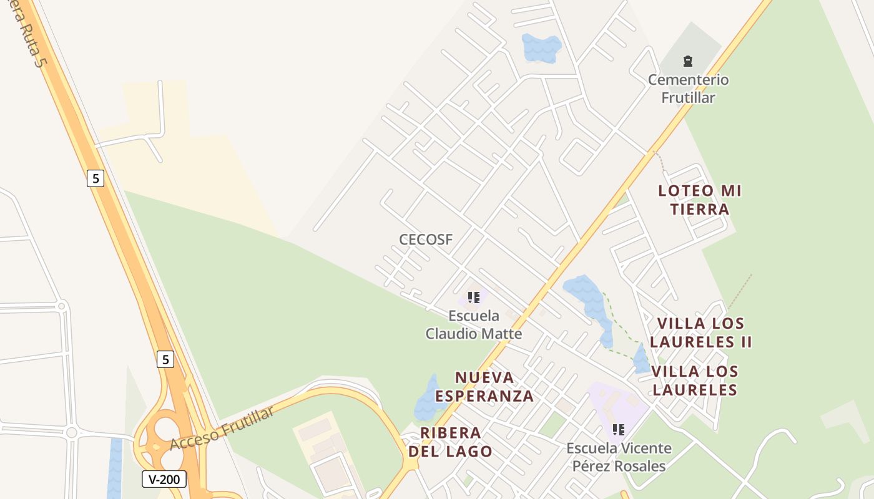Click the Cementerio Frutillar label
(x=688, y=89)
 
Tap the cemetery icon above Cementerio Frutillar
(x=687, y=61)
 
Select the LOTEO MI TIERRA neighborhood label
(x=700, y=200)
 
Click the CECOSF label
(x=426, y=240)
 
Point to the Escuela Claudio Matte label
(x=473, y=324)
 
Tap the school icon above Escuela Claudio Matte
(x=474, y=298)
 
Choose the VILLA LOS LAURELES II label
(x=700, y=332)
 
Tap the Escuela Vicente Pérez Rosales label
(x=619, y=457)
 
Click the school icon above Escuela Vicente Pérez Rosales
(x=619, y=429)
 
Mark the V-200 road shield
(x=164, y=479)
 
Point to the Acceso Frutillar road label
(x=222, y=429)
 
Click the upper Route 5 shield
(x=95, y=178)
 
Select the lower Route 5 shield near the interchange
(x=165, y=359)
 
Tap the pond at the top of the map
(x=541, y=47)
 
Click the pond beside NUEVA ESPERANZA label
(x=430, y=399)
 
